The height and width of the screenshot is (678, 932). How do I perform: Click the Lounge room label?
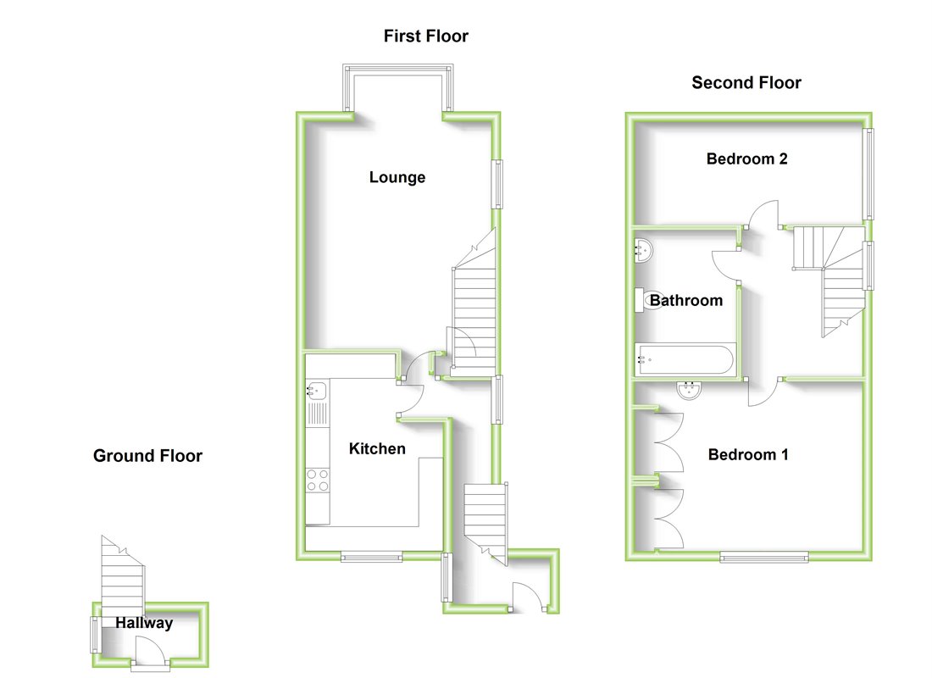tap(397, 177)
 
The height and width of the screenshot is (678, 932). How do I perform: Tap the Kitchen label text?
tap(377, 448)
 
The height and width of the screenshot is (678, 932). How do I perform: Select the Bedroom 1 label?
tap(748, 454)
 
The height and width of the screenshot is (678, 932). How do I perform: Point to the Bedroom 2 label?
tap(746, 158)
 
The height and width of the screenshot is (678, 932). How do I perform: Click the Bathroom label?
tap(686, 300)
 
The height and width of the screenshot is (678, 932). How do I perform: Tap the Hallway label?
tap(144, 623)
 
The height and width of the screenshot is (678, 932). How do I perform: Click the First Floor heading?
tap(425, 36)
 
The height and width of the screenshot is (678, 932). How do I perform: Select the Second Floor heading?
tap(746, 82)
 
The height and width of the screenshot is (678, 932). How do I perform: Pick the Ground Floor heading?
tap(147, 456)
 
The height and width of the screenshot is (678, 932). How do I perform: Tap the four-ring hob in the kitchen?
tap(318, 481)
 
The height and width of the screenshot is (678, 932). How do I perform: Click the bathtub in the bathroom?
tap(685, 359)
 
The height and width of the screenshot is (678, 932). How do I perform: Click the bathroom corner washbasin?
tap(643, 249)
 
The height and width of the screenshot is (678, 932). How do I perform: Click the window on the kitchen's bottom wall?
tap(371, 557)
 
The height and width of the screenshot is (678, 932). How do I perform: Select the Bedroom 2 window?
tap(868, 173)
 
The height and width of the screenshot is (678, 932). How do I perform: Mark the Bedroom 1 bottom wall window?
tap(764, 557)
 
